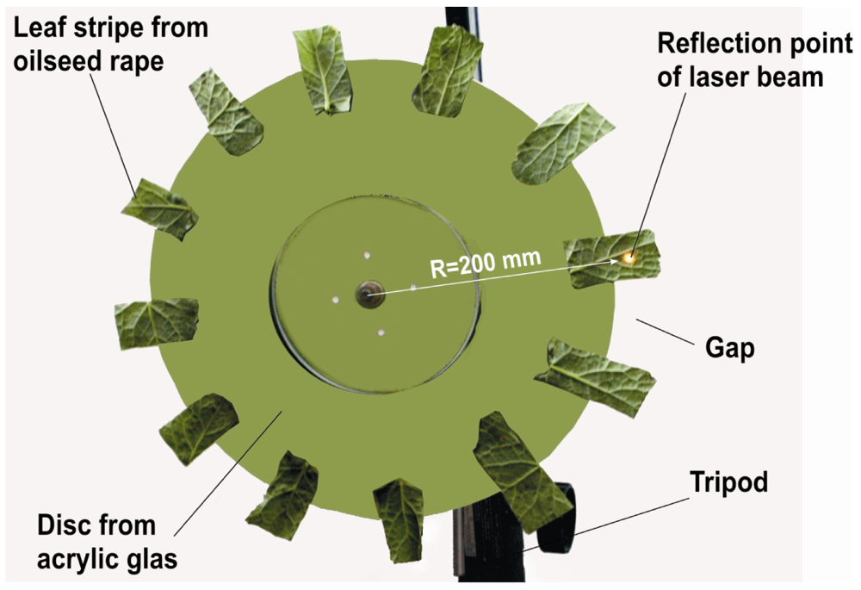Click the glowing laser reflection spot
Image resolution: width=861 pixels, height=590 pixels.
[x=629, y=257]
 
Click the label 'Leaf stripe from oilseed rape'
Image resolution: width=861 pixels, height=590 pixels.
[x=111, y=46]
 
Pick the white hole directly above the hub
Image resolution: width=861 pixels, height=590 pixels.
[x=366, y=255]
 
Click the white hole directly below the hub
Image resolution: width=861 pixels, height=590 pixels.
[x=380, y=332]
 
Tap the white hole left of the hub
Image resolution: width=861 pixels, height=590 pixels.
[x=335, y=300]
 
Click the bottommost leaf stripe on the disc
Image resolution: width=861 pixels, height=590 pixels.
[x=400, y=516]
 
